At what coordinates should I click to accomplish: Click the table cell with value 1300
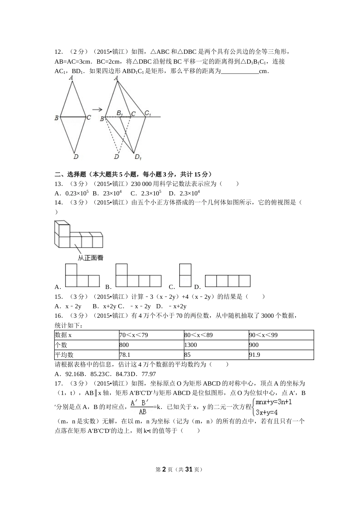click(x=216, y=345)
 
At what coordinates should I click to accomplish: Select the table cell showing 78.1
click(x=151, y=355)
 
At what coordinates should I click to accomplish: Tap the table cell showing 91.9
click(x=281, y=355)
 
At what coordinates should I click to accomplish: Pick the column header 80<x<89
click(x=216, y=335)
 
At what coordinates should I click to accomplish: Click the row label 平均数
click(x=86, y=355)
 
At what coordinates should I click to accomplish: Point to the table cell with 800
click(x=151, y=345)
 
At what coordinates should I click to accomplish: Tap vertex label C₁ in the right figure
click(x=148, y=113)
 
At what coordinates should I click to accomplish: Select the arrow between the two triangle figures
click(x=97, y=110)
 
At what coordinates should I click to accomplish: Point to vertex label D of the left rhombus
click(x=76, y=156)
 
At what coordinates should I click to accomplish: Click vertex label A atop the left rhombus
click(x=71, y=78)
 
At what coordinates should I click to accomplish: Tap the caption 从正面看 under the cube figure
click(x=91, y=258)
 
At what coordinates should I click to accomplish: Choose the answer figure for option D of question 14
click(x=227, y=281)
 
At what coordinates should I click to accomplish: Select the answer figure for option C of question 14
click(x=185, y=275)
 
